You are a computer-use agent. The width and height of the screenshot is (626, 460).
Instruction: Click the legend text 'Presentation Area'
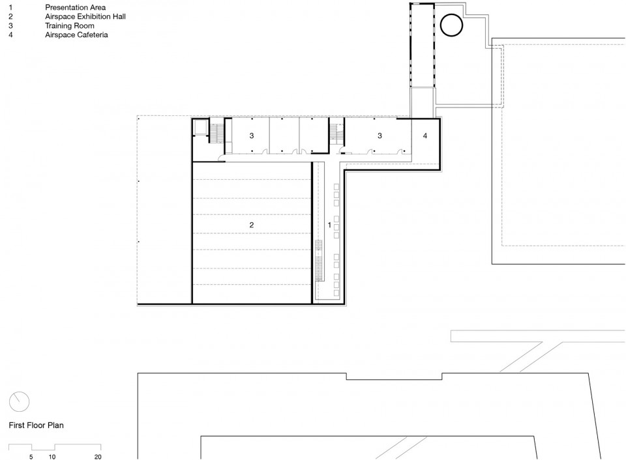[76, 7]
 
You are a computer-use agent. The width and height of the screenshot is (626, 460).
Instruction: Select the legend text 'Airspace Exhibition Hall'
[85, 16]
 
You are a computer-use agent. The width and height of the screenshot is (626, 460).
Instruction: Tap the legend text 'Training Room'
[70, 25]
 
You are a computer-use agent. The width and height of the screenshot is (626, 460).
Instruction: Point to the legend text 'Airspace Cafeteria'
[77, 35]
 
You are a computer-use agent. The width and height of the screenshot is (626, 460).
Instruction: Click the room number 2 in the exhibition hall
[252, 225]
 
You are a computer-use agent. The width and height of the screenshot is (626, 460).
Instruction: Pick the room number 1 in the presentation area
[329, 225]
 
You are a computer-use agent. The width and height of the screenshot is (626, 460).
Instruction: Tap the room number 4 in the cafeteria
[425, 136]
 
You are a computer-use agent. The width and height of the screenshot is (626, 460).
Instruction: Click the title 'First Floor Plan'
[37, 425]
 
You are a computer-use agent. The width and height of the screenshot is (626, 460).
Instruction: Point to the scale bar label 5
[31, 457]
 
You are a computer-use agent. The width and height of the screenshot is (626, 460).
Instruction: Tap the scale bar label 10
[52, 457]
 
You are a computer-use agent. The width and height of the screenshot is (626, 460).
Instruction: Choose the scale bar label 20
[98, 457]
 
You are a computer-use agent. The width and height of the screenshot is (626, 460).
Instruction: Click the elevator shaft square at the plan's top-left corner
[199, 128]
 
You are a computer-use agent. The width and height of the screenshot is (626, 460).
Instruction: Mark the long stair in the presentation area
[319, 261]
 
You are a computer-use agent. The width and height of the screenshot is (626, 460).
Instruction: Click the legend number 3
[11, 25]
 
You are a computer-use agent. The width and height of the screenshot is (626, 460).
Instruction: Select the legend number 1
[11, 7]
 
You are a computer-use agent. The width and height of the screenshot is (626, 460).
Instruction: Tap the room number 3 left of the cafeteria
[380, 136]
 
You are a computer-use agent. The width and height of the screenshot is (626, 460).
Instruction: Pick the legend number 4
[11, 35]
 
